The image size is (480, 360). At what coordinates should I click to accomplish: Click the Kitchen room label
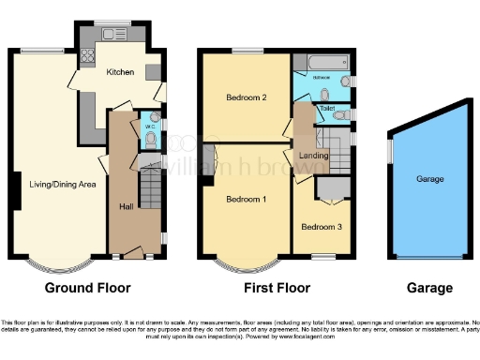tap(120, 72)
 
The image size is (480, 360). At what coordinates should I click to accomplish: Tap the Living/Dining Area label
tap(62, 184)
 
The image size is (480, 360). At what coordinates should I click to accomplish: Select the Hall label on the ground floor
tap(126, 206)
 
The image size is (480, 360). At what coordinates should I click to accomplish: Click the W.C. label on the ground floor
tap(147, 125)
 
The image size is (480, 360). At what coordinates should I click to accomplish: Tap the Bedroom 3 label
tap(319, 226)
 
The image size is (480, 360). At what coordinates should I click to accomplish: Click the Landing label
tap(312, 155)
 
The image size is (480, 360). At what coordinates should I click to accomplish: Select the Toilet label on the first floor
tap(326, 109)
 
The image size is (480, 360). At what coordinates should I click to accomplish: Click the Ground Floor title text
tap(87, 288)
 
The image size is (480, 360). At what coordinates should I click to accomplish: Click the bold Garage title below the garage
tap(429, 288)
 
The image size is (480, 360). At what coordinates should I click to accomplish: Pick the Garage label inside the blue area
tap(429, 178)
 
